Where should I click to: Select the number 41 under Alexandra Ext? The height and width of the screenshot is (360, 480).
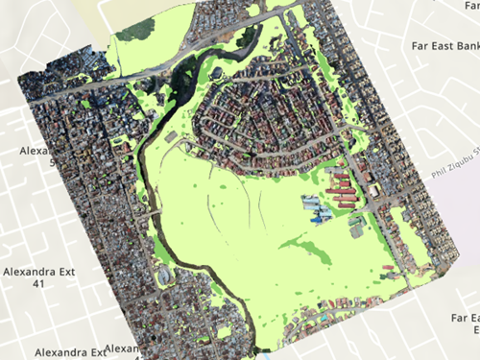click(39, 284)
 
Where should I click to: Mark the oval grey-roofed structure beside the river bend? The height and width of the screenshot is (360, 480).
click(173, 140)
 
